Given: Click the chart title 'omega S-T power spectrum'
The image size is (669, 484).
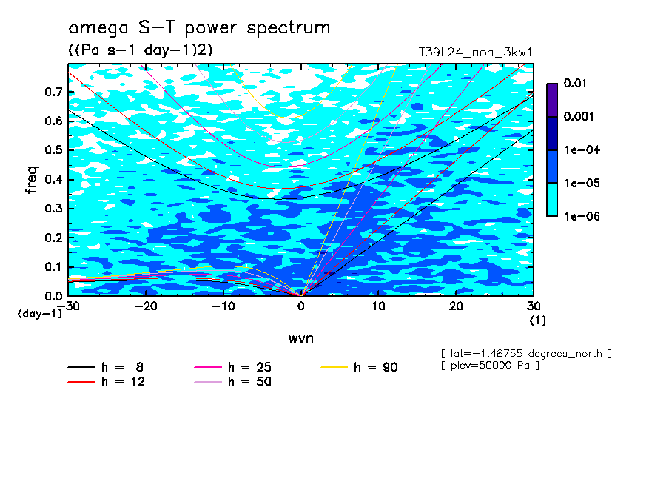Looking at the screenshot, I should pos(198,29).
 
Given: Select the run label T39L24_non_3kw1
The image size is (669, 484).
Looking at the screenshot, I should pos(475,53).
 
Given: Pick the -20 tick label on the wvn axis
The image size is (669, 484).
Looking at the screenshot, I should pos(146,306).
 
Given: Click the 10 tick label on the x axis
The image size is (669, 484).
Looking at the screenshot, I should pos(378,306).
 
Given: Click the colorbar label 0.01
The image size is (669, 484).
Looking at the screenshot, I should pos(574,84).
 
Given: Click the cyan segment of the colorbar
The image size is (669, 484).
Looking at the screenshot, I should pos(552,199).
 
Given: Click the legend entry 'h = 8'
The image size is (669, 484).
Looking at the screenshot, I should pos(106,367).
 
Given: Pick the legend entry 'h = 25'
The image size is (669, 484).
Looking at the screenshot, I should pos(234,367).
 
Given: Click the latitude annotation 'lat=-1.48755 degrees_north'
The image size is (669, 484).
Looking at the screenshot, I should pos(526,353).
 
